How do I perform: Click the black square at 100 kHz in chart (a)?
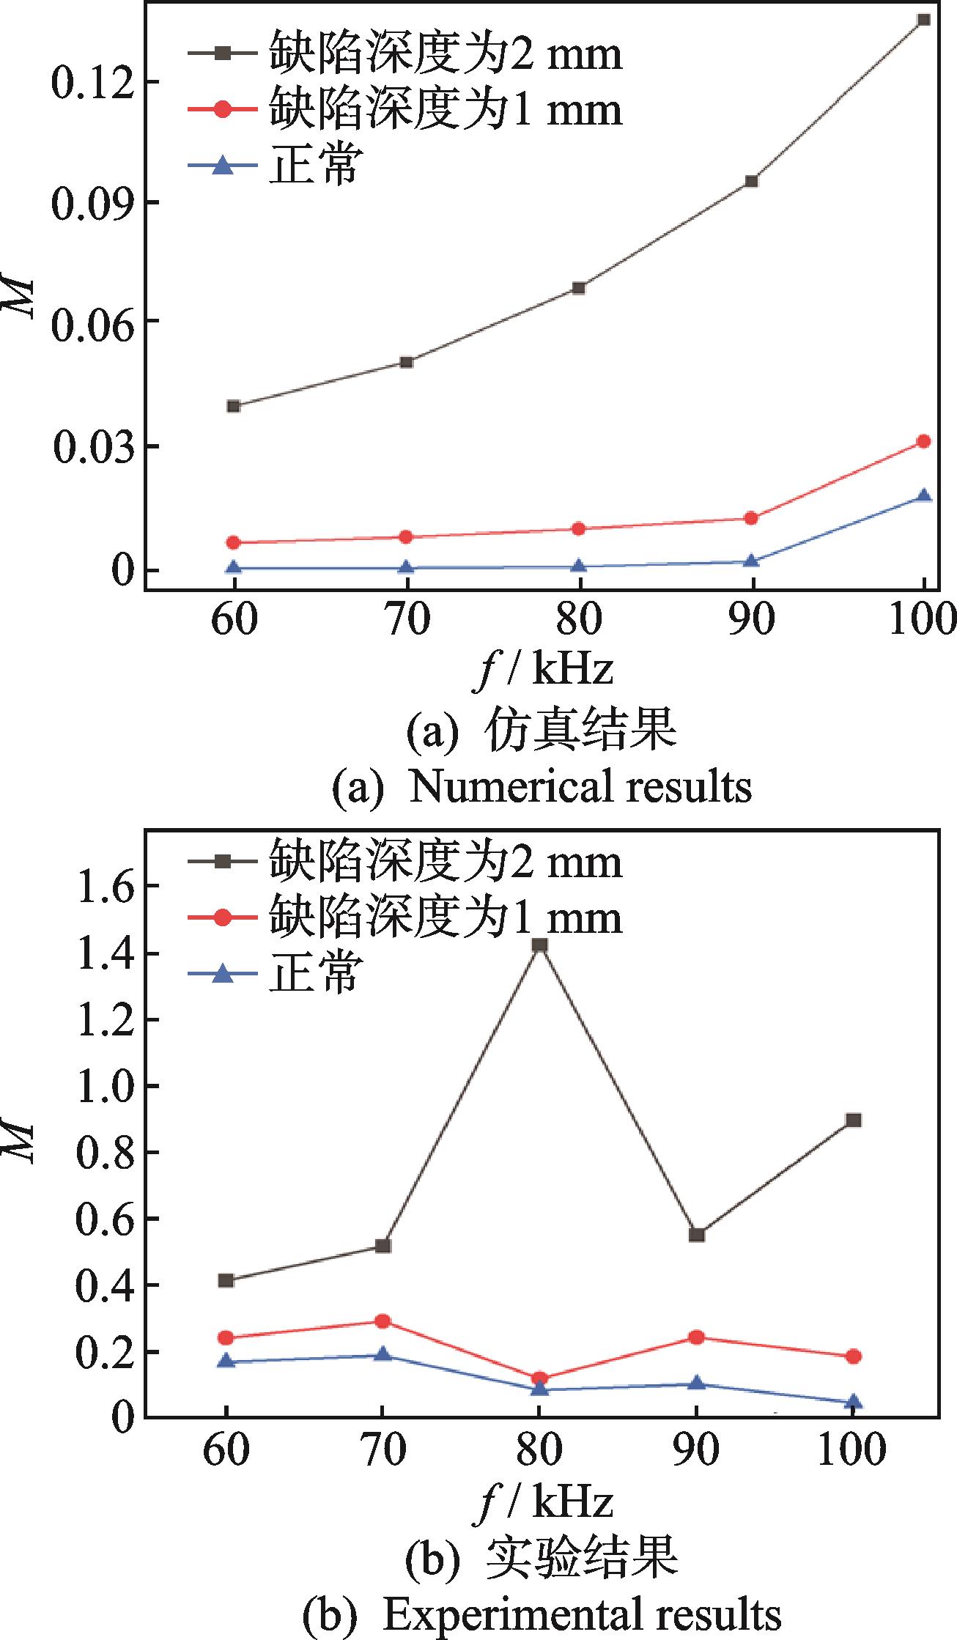coord(924,20)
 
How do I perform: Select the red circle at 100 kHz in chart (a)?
coord(924,441)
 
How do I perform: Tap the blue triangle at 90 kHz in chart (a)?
coord(751,561)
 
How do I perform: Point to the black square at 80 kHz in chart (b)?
coord(540,945)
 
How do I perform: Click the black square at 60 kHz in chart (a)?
coord(234,406)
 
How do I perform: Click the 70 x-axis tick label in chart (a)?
coord(407,620)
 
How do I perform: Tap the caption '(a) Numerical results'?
coord(542,786)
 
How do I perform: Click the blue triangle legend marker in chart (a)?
coord(224,166)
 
